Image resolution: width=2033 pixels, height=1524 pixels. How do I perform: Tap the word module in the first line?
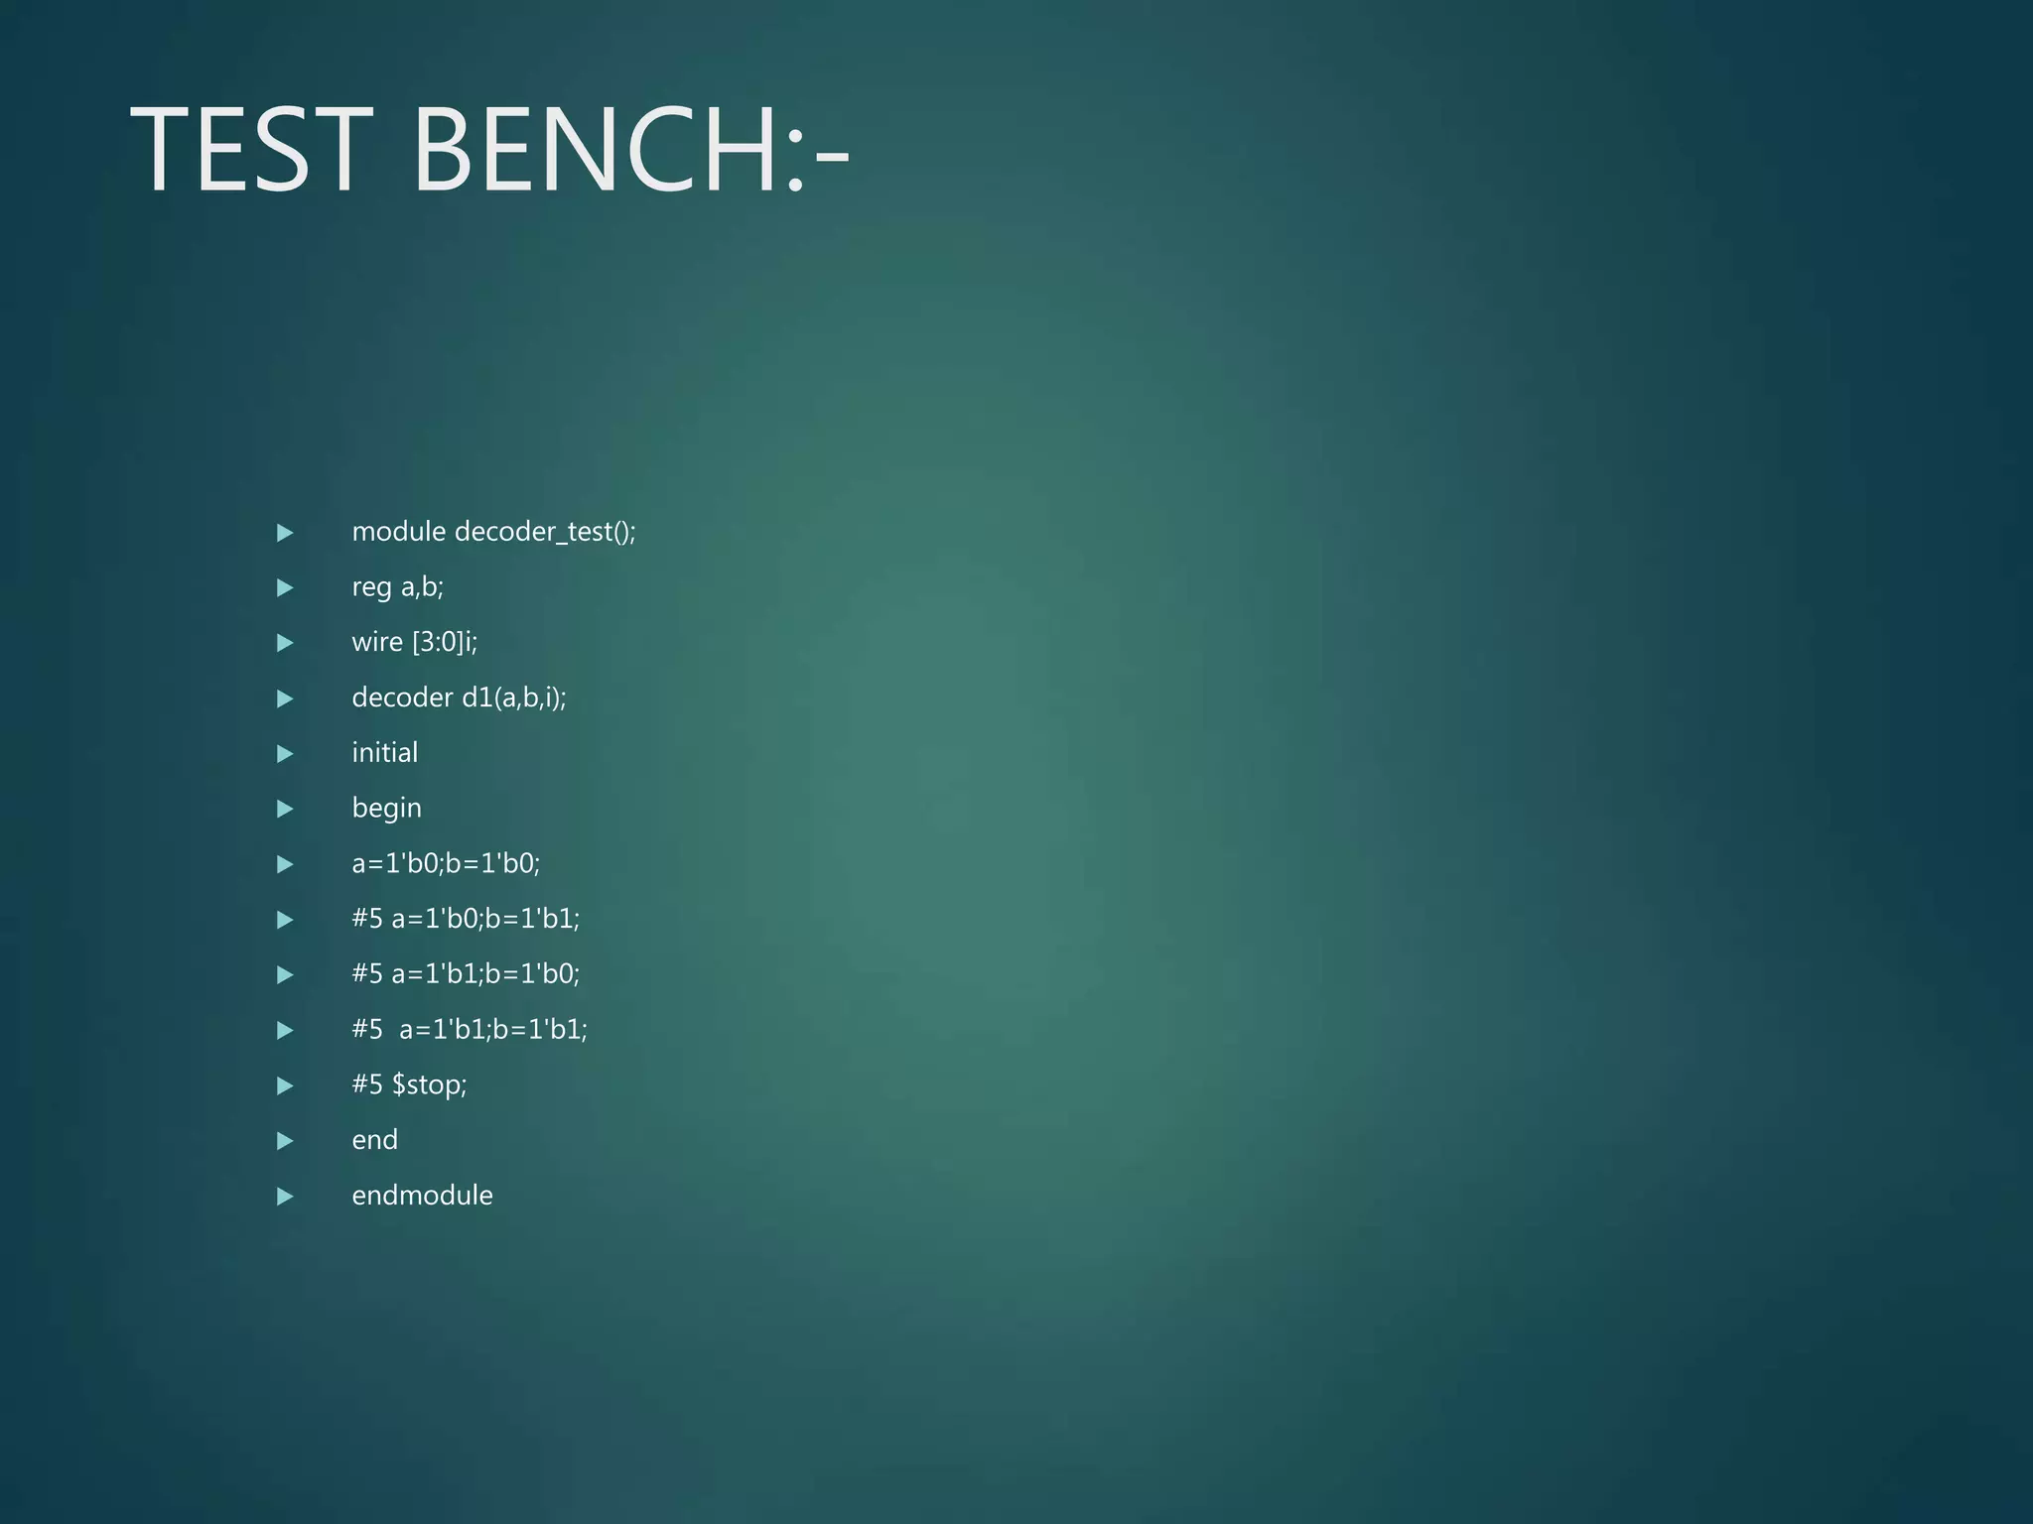point(398,532)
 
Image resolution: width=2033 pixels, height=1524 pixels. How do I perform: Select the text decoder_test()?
point(545,533)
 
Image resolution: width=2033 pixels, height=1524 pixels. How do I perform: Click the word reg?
point(371,588)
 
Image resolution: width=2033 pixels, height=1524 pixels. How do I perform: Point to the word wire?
point(377,642)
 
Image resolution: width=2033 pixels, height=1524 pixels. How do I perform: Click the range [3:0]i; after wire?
point(445,642)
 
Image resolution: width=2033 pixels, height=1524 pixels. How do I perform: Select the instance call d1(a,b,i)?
point(514,698)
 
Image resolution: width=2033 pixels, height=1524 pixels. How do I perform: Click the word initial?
point(384,752)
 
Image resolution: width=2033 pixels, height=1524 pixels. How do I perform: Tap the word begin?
point(386,809)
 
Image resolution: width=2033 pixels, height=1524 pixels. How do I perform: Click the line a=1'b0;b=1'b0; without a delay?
point(446,863)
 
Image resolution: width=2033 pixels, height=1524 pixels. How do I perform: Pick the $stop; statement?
point(429,1084)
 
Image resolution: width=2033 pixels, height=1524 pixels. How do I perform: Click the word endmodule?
point(422,1195)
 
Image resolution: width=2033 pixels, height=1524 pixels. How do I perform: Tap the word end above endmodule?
point(374,1140)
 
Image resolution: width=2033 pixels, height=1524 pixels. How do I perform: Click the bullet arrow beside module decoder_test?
point(285,533)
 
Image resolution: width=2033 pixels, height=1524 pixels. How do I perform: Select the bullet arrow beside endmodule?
point(285,1196)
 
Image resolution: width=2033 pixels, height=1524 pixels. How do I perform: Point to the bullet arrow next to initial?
point(285,754)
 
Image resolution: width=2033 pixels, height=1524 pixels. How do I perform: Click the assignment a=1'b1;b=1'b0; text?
point(485,973)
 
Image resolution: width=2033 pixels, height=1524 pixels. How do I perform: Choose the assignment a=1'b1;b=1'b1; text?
point(493,1029)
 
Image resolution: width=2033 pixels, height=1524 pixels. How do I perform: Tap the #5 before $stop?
point(367,1084)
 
